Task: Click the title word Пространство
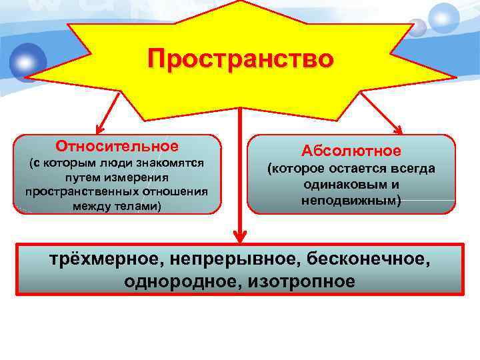click(240, 59)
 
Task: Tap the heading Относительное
click(117, 146)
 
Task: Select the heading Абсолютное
click(351, 151)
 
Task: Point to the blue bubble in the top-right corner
click(444, 17)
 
